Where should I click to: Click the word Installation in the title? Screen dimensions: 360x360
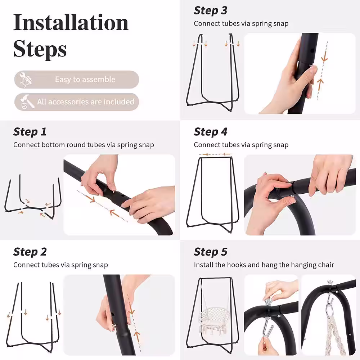coord(71,22)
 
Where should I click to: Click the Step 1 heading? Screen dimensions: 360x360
coord(30,132)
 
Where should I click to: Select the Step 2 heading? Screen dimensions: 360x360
coord(30,252)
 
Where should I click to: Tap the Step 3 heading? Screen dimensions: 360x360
coord(211,10)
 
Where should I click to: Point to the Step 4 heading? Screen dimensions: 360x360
coord(211,132)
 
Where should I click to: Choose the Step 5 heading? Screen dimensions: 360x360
coord(211,252)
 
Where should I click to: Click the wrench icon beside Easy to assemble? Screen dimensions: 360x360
coord(25,80)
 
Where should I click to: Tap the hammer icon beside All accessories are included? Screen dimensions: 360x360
coord(27,102)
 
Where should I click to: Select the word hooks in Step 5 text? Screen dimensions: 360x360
coord(237,265)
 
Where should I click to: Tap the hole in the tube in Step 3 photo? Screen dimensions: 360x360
coord(312,51)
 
